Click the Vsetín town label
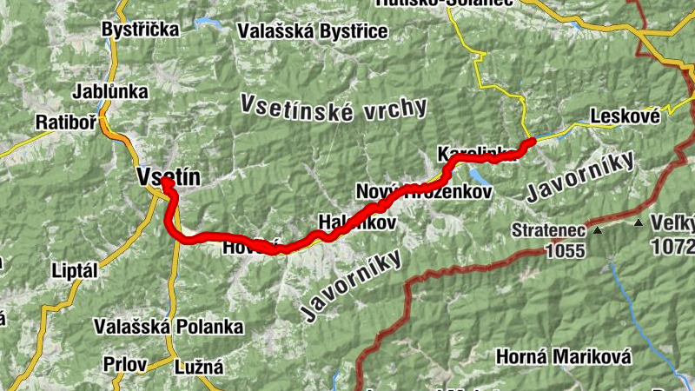click(x=169, y=177)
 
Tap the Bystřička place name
click(x=140, y=30)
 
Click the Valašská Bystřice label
click(x=312, y=30)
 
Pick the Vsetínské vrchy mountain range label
click(x=334, y=109)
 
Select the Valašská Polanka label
click(x=169, y=327)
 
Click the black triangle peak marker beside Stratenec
click(x=597, y=231)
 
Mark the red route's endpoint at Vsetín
click(x=164, y=183)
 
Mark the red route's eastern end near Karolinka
click(x=530, y=142)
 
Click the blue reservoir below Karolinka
click(x=480, y=172)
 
